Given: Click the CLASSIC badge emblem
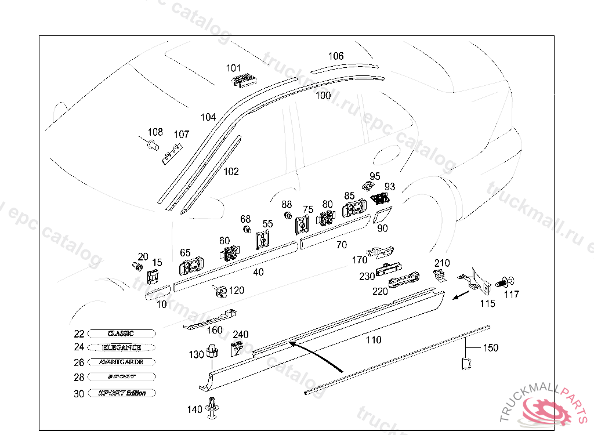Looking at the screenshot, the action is click(x=121, y=333).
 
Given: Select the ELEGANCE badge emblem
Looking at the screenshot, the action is click(x=121, y=347).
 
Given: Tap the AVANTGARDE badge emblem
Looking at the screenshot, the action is click(x=121, y=362).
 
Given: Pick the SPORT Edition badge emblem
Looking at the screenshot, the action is click(x=122, y=393).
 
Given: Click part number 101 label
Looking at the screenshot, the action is click(x=233, y=68).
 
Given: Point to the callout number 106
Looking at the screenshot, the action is click(x=336, y=56).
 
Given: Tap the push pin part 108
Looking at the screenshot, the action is click(x=153, y=144).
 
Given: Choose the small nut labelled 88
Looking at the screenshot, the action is click(x=287, y=216).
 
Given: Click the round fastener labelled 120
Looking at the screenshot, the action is click(x=220, y=291).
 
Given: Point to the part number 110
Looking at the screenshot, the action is click(x=374, y=340).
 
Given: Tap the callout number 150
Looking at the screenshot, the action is click(x=491, y=347).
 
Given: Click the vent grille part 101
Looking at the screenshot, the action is click(x=244, y=79).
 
